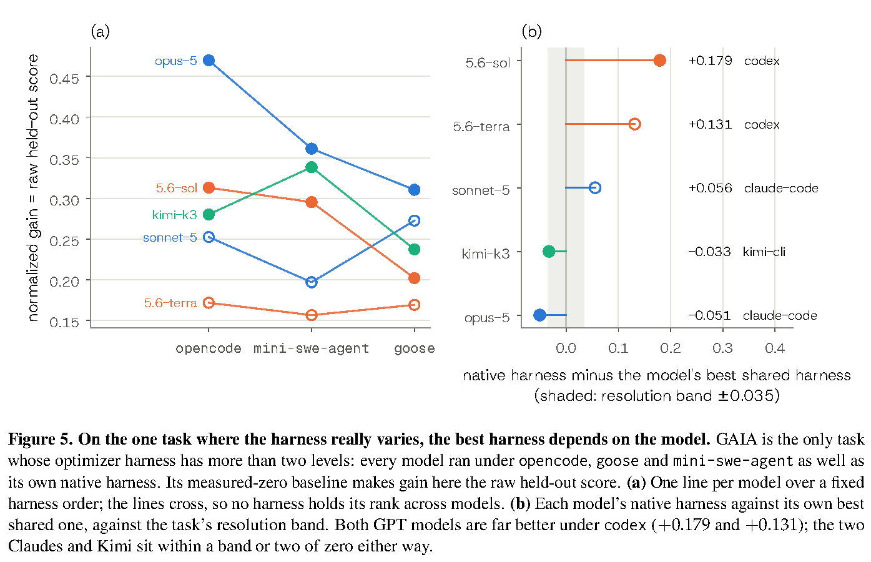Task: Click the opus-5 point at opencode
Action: click(209, 61)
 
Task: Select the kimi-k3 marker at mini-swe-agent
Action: click(312, 167)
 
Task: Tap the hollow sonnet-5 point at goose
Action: click(415, 220)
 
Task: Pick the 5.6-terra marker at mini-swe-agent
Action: click(312, 315)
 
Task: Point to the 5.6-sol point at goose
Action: click(415, 278)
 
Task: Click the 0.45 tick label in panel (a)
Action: click(64, 79)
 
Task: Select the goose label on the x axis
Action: click(415, 348)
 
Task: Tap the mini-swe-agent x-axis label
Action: click(311, 348)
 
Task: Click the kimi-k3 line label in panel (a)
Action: click(175, 215)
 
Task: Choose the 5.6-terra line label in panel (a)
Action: click(170, 303)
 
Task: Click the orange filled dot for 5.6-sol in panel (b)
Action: click(659, 61)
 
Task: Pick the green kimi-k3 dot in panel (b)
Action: click(549, 252)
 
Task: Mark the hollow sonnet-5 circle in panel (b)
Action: click(595, 188)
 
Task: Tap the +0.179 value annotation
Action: click(710, 61)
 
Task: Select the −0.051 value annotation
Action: click(709, 315)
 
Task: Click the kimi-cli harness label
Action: click(764, 252)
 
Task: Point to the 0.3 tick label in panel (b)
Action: click(722, 348)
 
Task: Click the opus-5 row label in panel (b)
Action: click(487, 318)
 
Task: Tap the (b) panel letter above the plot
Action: click(531, 31)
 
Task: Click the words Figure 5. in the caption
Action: click(41, 440)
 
